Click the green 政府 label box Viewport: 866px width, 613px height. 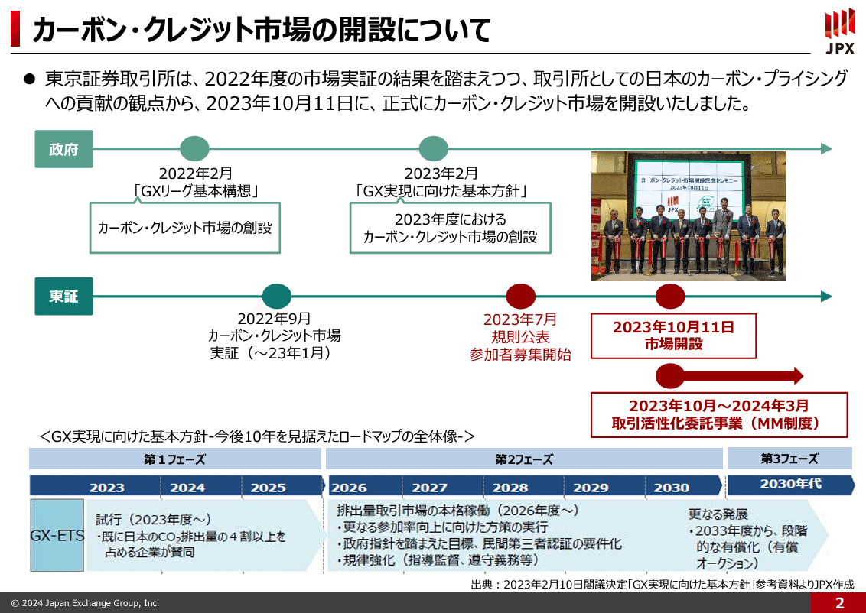(63, 149)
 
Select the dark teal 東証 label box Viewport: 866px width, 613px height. (63, 297)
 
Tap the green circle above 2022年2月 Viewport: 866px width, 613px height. (194, 148)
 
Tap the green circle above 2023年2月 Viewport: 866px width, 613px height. (434, 148)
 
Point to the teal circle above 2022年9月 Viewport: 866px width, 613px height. (277, 297)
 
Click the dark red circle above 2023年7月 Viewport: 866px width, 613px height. (521, 297)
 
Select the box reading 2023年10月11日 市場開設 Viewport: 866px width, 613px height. (673, 336)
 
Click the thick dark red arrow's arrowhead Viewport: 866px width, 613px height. (796, 375)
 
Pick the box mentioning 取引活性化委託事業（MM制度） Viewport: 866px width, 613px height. (719, 414)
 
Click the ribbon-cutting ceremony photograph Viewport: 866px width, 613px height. (689, 216)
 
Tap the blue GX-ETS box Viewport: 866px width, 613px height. (57, 536)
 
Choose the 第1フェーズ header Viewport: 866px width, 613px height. (174, 459)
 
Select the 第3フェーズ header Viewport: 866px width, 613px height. (789, 459)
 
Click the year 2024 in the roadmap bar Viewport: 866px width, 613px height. (187, 487)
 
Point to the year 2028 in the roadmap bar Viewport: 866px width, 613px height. (510, 487)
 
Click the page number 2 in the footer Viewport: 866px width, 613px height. (839, 603)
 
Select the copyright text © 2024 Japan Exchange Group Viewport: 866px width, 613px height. (85, 603)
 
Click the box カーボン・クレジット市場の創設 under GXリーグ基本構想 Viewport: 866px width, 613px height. (185, 228)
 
